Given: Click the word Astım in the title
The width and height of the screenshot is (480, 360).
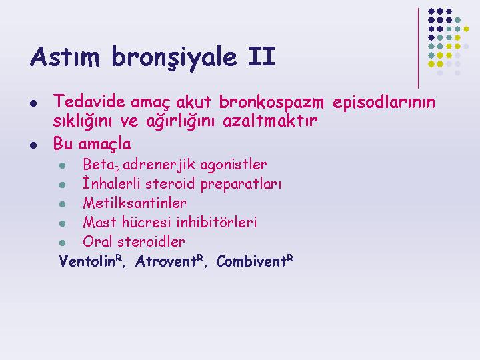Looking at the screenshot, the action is (65, 57).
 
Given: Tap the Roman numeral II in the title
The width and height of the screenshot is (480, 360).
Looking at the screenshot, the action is (262, 56).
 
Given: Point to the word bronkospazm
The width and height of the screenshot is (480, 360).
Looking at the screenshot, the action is (271, 103).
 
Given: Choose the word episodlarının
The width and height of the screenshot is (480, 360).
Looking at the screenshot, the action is (384, 103).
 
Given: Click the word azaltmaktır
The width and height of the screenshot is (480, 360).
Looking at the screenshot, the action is (270, 121).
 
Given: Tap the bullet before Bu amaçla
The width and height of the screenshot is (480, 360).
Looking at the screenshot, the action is (33, 145).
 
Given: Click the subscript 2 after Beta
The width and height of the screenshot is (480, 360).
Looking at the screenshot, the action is (117, 169).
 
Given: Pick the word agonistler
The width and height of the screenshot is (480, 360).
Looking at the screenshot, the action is (233, 165).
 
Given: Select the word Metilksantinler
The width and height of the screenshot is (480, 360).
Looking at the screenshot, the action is (135, 203).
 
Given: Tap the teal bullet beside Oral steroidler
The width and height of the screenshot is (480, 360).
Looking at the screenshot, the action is (63, 243).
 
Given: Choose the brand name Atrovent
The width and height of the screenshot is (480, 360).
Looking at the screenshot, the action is (165, 261).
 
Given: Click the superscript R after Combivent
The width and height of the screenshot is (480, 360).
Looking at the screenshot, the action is (290, 259).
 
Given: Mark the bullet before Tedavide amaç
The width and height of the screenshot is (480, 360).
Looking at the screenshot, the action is (33, 103).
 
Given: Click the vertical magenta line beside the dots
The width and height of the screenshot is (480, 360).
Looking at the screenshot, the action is (418, 49).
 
